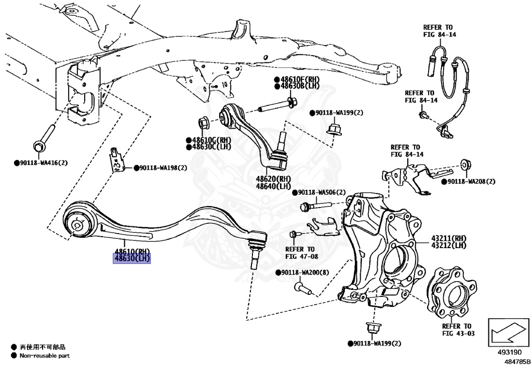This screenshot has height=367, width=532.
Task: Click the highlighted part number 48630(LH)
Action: click(132, 259)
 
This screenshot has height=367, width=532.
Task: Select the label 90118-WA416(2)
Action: click(43, 162)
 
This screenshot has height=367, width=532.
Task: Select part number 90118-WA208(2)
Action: click(471, 181)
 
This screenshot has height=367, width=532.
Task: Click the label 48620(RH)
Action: click(273, 179)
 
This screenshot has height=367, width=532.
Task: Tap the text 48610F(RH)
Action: click(300, 79)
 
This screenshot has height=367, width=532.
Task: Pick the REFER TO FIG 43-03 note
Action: click(458, 330)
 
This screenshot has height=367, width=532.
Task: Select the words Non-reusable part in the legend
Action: click(44, 356)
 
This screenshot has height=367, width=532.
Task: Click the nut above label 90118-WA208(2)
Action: click(466, 166)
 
